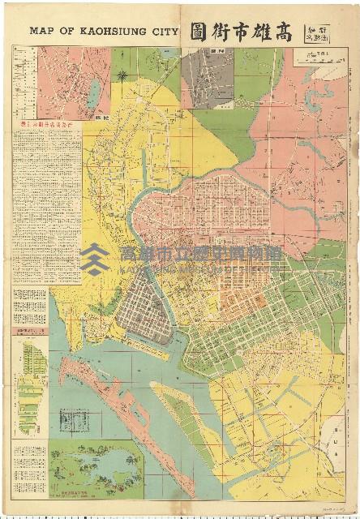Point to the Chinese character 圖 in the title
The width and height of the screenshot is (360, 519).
click(x=199, y=32)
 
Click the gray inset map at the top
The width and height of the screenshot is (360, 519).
click(x=207, y=79)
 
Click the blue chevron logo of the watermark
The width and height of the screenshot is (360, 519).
click(x=95, y=259)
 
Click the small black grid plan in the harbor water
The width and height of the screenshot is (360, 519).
click(x=75, y=422)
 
